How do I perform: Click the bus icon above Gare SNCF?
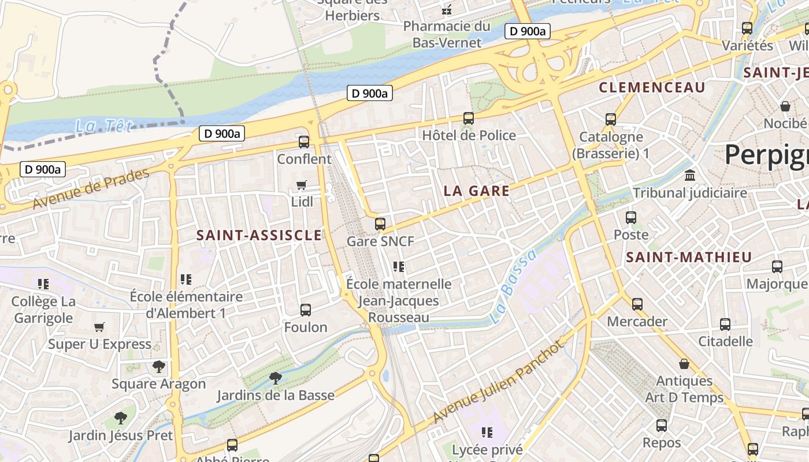[x=380, y=223]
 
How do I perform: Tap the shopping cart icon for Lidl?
[x=301, y=185]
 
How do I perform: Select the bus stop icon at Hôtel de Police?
[x=469, y=118]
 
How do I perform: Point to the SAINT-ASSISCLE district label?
[x=259, y=235]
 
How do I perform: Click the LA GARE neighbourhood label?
[x=477, y=191]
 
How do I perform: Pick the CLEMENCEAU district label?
[x=652, y=87]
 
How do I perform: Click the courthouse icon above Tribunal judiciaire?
[x=689, y=175]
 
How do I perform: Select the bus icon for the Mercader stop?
[x=637, y=304]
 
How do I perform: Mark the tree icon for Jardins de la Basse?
[x=276, y=378]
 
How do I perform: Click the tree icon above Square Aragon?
[x=158, y=367]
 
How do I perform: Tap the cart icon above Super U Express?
[x=99, y=327]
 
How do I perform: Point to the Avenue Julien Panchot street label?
[x=497, y=382]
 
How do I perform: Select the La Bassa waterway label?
[x=513, y=286]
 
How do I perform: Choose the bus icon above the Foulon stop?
[x=306, y=310]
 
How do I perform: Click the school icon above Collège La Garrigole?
[x=43, y=284]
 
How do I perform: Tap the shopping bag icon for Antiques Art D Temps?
[x=684, y=364]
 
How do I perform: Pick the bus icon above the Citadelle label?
[x=725, y=324]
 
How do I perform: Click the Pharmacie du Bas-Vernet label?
[x=447, y=34]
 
